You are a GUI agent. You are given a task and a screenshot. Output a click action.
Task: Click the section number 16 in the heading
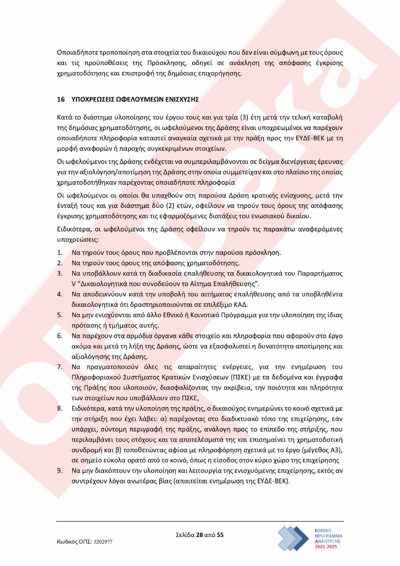click(x=61, y=99)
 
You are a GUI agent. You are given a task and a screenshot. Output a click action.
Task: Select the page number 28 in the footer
click(x=199, y=535)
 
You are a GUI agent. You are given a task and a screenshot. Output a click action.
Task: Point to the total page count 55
click(x=220, y=535)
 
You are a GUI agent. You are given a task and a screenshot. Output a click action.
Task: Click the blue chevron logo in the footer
click(x=293, y=538)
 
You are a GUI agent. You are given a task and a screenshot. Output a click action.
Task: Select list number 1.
click(x=60, y=253)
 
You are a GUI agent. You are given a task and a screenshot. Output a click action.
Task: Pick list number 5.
click(x=60, y=315)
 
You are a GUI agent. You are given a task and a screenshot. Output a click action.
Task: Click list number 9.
click(x=60, y=471)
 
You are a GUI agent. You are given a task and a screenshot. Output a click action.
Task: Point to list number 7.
click(x=60, y=367)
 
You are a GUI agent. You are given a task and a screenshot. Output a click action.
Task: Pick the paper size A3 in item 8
click(x=336, y=450)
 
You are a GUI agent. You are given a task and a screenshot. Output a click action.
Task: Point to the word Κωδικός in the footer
click(x=68, y=542)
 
